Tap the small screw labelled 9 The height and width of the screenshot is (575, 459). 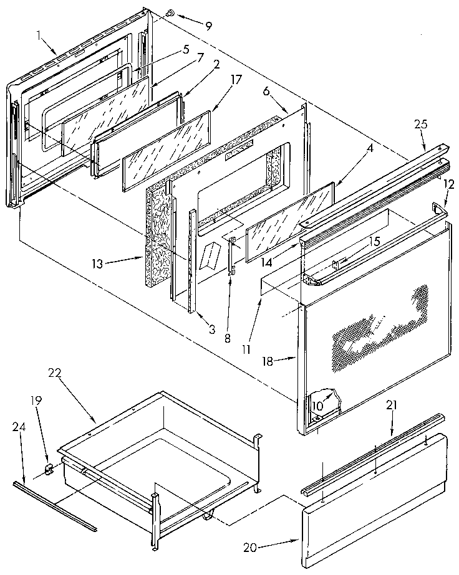[x=170, y=13]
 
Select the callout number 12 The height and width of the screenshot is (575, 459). [x=448, y=184]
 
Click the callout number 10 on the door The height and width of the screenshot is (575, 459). [x=318, y=406]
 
